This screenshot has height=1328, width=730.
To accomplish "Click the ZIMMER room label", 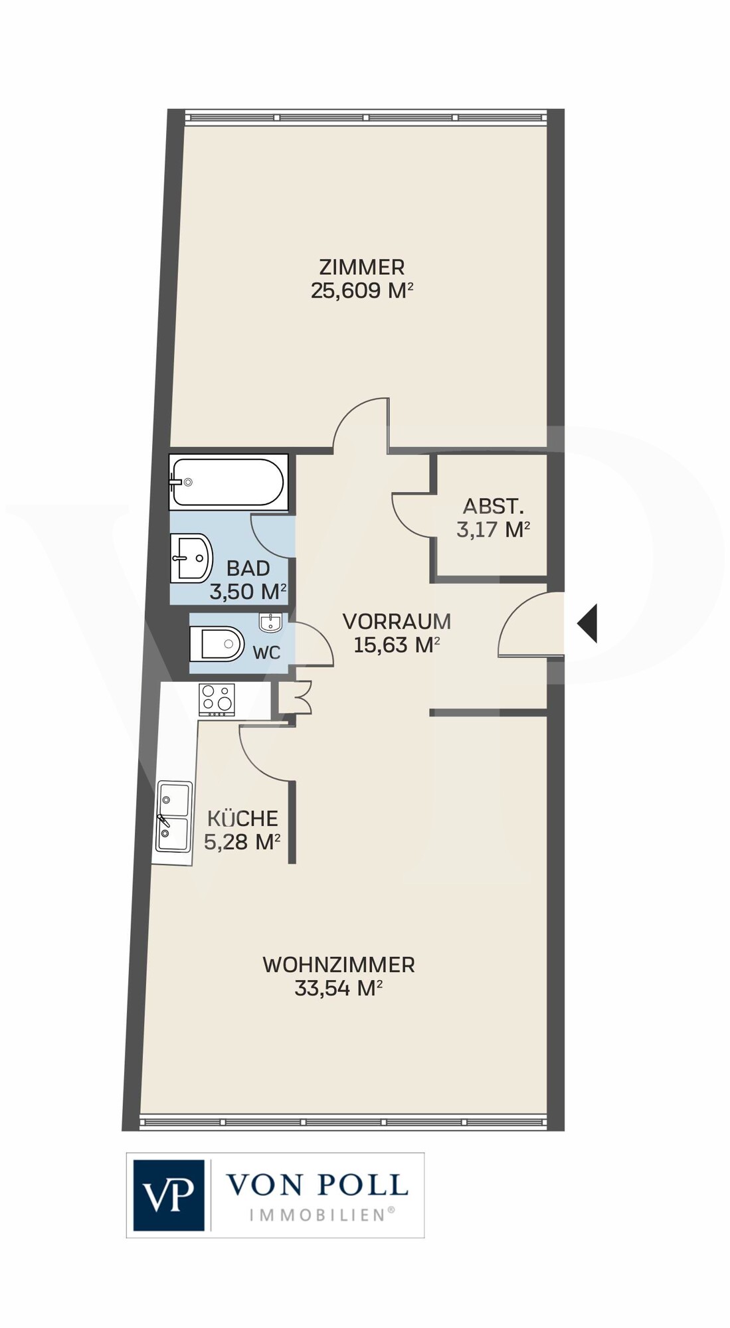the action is click(362, 267).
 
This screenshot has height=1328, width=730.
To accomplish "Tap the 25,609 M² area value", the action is click(363, 291).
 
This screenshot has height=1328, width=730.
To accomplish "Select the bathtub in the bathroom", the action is click(228, 482).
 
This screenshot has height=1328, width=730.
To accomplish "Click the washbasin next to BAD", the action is click(192, 558).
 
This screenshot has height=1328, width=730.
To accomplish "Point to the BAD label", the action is click(248, 568).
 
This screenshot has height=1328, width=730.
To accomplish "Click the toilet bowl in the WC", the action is click(217, 643).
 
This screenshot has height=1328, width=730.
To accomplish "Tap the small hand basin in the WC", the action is click(271, 622).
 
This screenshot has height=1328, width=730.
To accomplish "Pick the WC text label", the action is click(266, 653).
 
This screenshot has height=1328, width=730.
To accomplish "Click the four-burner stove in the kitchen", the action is click(217, 699).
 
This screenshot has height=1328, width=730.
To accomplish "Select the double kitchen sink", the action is click(173, 817).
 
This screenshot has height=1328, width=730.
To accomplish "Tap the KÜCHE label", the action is click(242, 818).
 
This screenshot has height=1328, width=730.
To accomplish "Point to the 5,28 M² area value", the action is click(242, 842).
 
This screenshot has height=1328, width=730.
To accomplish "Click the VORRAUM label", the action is click(397, 622).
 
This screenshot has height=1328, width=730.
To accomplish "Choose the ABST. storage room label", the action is click(494, 507).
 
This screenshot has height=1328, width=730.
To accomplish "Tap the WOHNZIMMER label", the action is click(339, 965).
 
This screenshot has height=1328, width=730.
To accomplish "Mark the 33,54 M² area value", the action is click(339, 989).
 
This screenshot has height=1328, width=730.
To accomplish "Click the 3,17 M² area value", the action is click(493, 530).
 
